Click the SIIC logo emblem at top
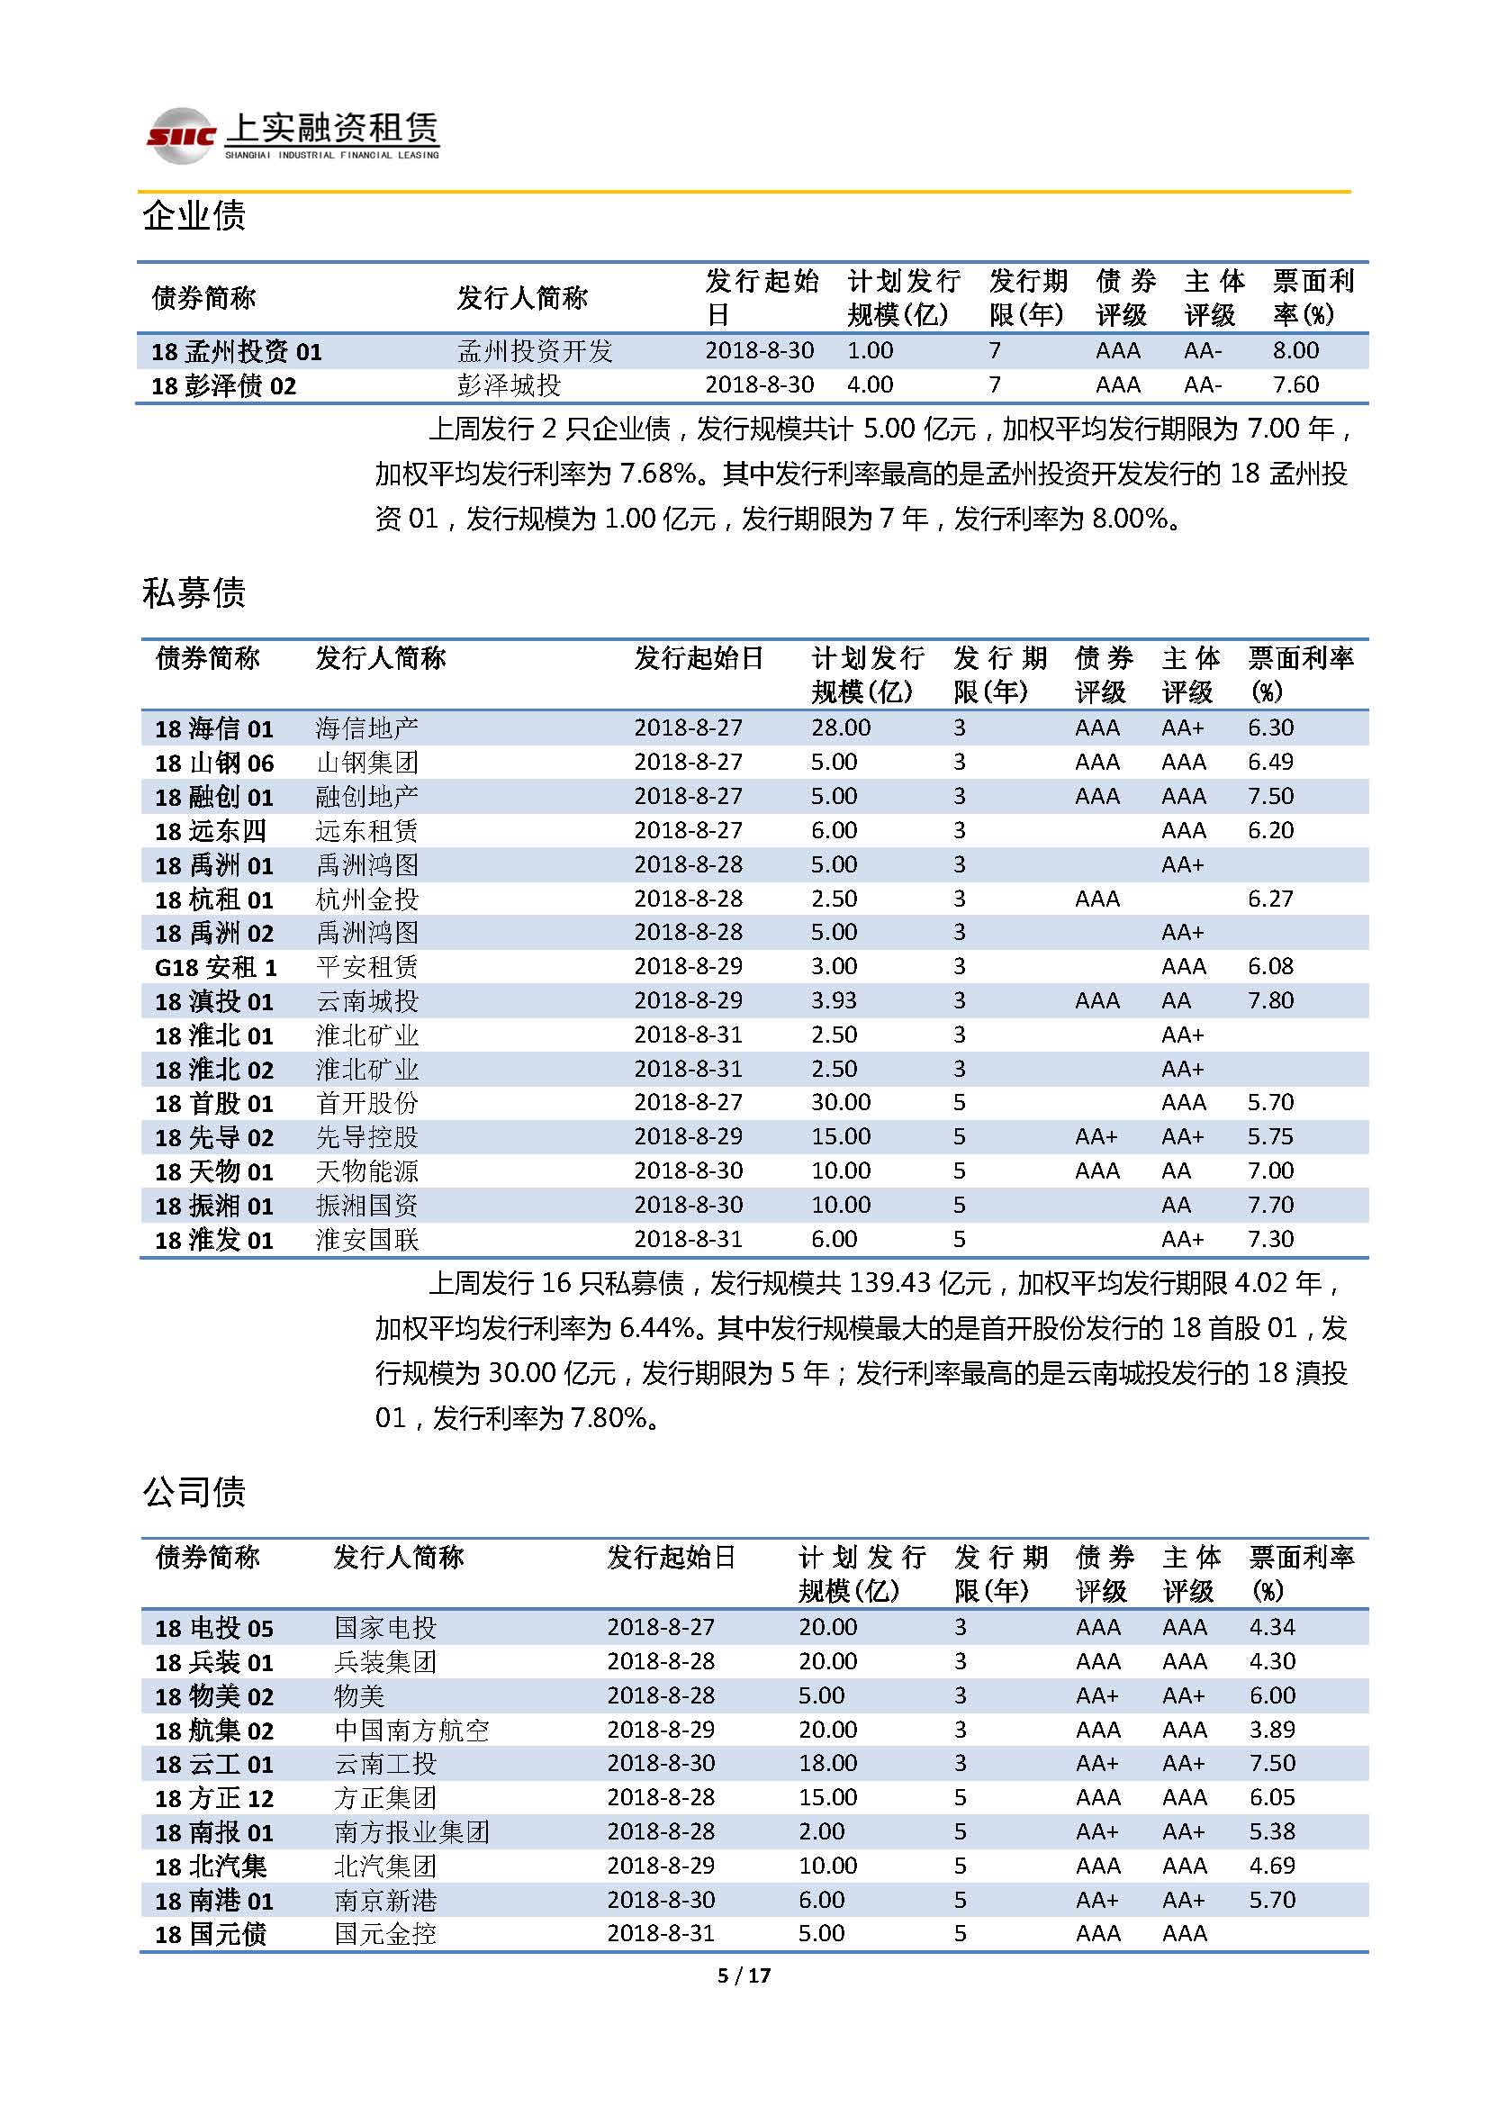pyautogui.click(x=182, y=136)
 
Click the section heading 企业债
pyautogui.click(x=194, y=215)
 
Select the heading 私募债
pyautogui.click(x=194, y=592)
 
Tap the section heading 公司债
pyautogui.click(x=194, y=1491)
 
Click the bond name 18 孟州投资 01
pyautogui.click(x=237, y=351)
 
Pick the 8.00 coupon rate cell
pyautogui.click(x=1295, y=350)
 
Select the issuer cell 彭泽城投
pyautogui.click(x=509, y=385)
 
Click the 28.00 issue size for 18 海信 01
pyautogui.click(x=841, y=728)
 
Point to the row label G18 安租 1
pyautogui.click(x=215, y=967)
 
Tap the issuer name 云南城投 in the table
pyautogui.click(x=366, y=1000)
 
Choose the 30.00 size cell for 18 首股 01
pyautogui.click(x=841, y=1103)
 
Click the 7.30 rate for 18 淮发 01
pyautogui.click(x=1270, y=1239)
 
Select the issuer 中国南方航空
pyautogui.click(x=411, y=1730)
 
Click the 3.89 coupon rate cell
pyautogui.click(x=1272, y=1730)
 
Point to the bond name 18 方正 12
pyautogui.click(x=214, y=1799)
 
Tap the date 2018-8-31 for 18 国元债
pyautogui.click(x=660, y=1933)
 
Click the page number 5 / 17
pyautogui.click(x=744, y=1975)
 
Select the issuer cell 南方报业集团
pyautogui.click(x=411, y=1832)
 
